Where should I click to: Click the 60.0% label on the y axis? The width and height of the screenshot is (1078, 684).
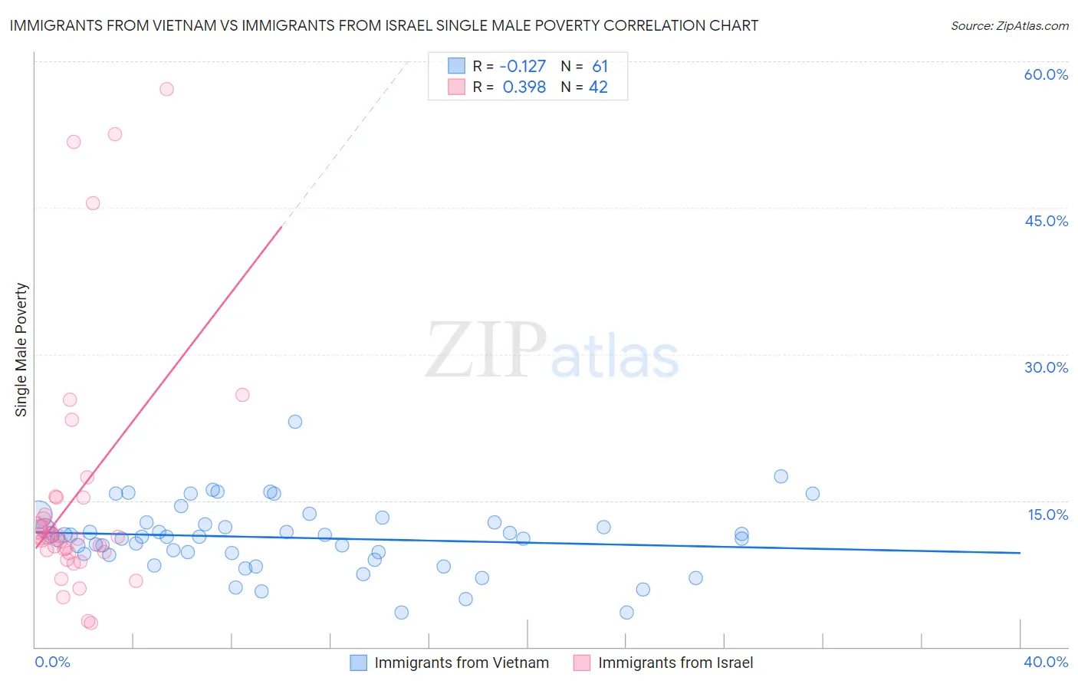(1046, 74)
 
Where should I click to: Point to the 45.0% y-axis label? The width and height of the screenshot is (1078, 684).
(1046, 221)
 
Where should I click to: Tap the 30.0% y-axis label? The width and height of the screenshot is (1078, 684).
(1046, 367)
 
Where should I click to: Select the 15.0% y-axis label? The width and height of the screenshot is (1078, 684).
(1047, 515)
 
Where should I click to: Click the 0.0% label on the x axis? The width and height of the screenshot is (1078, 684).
(52, 662)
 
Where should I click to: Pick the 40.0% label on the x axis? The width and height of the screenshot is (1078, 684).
(1046, 662)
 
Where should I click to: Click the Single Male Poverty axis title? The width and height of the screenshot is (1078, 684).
(21, 350)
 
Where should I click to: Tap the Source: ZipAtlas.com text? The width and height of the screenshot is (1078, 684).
(1009, 25)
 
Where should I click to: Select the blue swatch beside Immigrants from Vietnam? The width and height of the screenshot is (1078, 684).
(358, 663)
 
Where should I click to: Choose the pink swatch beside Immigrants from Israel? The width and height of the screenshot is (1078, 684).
(582, 663)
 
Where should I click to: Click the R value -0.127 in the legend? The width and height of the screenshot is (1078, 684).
(523, 66)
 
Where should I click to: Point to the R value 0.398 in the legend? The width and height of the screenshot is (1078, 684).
(524, 87)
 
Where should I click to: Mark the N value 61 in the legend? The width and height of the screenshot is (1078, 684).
(600, 66)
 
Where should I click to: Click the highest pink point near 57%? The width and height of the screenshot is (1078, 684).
(166, 89)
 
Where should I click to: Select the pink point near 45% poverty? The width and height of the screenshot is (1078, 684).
(93, 203)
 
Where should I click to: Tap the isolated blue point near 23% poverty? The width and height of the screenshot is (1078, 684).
(295, 422)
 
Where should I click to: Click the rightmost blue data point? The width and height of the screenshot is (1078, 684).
(813, 494)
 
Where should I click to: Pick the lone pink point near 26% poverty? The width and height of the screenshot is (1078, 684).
(242, 395)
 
